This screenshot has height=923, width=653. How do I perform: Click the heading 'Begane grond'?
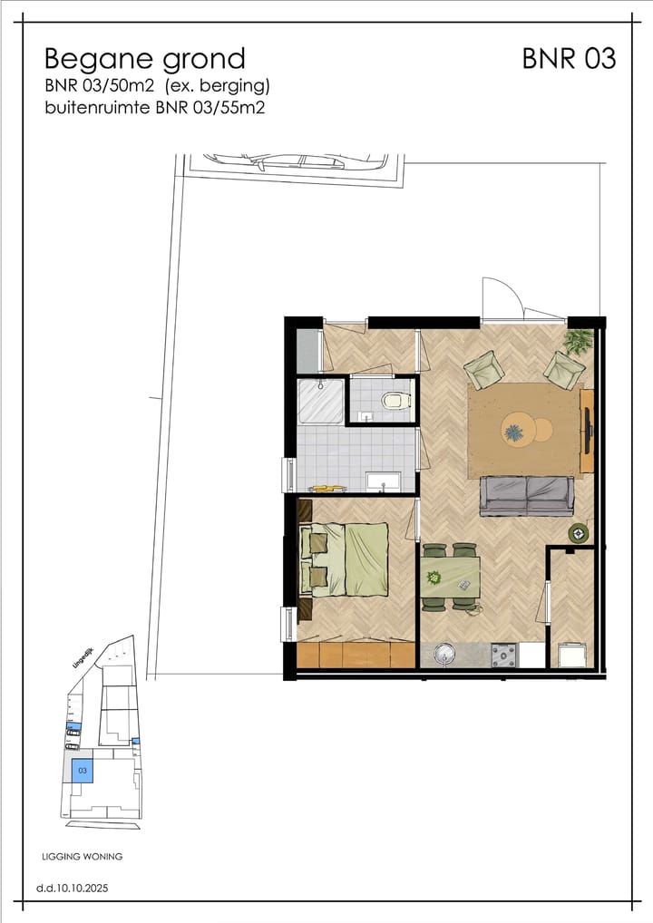tap(144, 59)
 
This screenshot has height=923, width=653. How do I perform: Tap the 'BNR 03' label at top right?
tap(569, 59)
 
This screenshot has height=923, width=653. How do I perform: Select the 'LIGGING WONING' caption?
tap(83, 856)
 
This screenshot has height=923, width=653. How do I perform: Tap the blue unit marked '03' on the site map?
tap(83, 771)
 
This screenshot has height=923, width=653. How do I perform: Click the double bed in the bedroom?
tap(345, 559)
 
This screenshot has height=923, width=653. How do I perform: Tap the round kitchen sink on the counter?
tap(445, 654)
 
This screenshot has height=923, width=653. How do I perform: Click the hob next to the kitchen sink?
tap(502, 654)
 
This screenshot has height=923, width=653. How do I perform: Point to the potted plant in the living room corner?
tap(579, 341)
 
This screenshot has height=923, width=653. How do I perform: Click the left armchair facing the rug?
tap(484, 369)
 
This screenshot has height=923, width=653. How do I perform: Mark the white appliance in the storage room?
tap(571, 654)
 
